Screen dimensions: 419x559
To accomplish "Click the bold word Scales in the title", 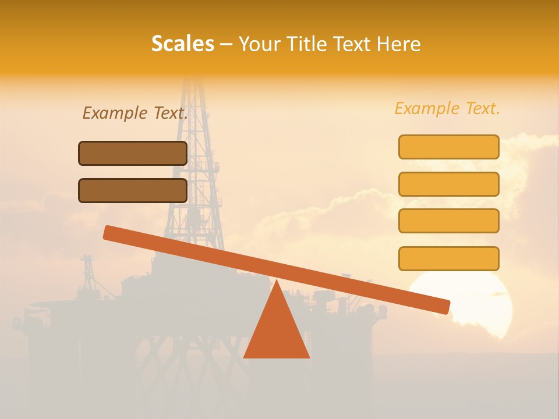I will pyautogui.click(x=182, y=44).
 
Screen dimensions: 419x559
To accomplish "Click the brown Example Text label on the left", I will pyautogui.click(x=135, y=113).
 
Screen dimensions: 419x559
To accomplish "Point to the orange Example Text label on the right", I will pyautogui.click(x=447, y=108).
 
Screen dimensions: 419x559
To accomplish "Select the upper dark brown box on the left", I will pyautogui.click(x=133, y=153).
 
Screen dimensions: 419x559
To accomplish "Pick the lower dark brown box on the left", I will pyautogui.click(x=133, y=190).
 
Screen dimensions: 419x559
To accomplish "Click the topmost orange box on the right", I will pyautogui.click(x=448, y=147).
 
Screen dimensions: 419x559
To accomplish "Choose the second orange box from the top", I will pyautogui.click(x=448, y=184).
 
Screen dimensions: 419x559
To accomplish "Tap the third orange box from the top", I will pyautogui.click(x=448, y=221).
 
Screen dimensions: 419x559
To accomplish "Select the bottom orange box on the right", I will pyautogui.click(x=448, y=258).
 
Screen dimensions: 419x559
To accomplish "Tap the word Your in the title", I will pyautogui.click(x=258, y=44).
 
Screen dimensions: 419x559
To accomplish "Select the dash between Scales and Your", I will pyautogui.click(x=226, y=44).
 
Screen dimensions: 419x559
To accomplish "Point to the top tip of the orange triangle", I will pyautogui.click(x=276, y=282).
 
